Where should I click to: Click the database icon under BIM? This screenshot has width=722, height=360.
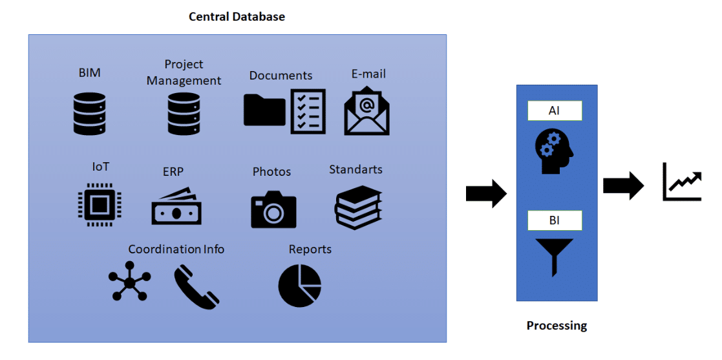coord(89,114)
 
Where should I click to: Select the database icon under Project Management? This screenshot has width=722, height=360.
coord(184,114)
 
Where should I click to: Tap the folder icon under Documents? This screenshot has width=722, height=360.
coord(264,110)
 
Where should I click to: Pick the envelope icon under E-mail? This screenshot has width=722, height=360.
coord(366,112)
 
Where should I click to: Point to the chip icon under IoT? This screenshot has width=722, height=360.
coord(99,205)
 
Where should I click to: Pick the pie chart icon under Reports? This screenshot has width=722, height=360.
coord(300,286)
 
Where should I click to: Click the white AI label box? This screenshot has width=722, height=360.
coord(555,111)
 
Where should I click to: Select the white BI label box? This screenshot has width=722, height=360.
coord(555,220)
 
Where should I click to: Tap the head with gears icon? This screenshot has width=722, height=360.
coord(555,149)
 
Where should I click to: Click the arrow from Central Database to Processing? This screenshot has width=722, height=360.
coord(487,193)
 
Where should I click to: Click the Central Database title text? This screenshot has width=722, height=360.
coord(237,17)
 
